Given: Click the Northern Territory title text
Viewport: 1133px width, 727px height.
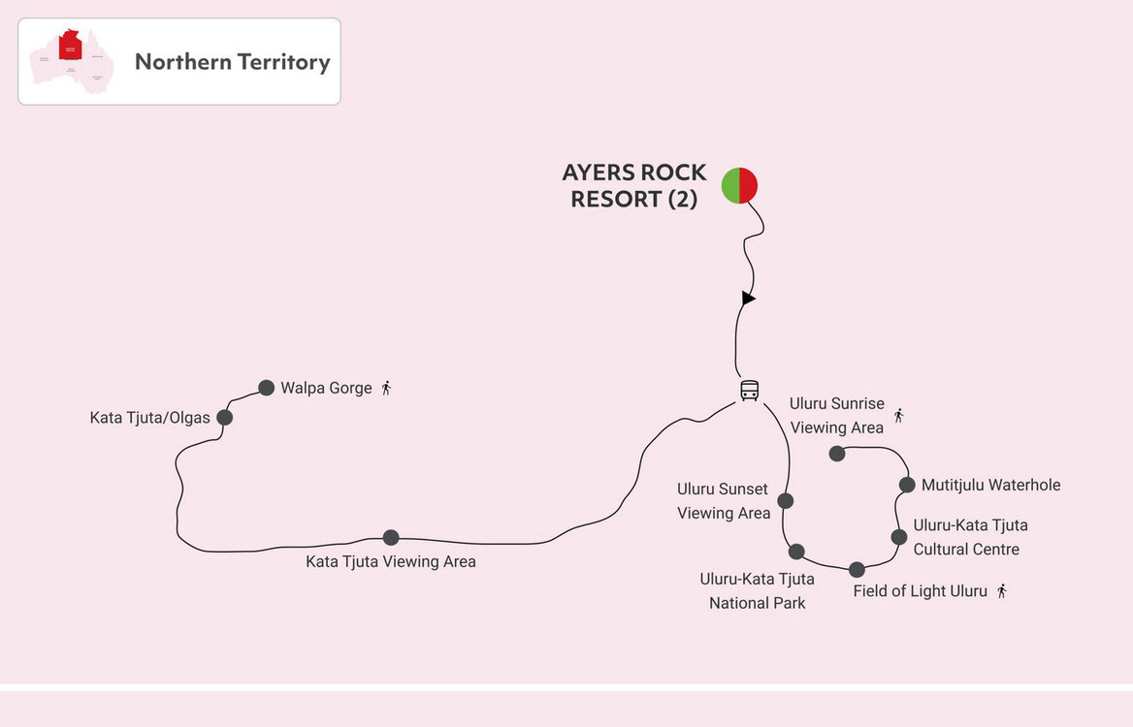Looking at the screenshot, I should pos(233,62).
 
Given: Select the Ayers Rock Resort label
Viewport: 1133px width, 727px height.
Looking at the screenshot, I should pos(634,186).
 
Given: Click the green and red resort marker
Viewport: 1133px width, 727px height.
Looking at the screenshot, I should pos(739,185).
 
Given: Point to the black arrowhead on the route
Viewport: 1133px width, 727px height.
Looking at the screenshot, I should pos(747,299).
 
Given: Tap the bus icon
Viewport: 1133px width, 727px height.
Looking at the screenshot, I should pos(750,391).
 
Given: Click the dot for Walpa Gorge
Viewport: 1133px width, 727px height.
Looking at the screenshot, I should pos(267,388).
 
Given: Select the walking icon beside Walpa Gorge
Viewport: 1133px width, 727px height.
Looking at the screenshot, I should pos(386,388).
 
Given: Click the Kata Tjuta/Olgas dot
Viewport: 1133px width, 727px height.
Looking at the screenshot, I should pos(225,418).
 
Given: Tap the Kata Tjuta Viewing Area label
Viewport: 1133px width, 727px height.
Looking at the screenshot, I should pos(391,561).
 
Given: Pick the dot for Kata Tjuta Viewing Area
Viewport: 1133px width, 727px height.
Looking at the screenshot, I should pos(391,537).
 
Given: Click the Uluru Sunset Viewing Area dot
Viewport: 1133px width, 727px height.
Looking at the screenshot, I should pos(786,501).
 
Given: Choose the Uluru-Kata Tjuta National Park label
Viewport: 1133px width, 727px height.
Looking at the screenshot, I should pos(757,590).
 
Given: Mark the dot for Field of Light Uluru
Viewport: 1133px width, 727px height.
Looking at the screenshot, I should pos(857,570).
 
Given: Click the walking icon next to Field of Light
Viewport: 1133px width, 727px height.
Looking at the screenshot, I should pos(1002,590).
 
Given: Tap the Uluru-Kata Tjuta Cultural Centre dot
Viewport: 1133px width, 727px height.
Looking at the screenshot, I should pos(899,537).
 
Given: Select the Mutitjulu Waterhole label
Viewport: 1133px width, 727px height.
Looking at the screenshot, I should pos(991,485).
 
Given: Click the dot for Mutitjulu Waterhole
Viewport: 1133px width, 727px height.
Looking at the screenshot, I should pos(907,485).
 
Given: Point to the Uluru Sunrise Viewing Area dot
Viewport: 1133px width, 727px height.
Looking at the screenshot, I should pos(837,453).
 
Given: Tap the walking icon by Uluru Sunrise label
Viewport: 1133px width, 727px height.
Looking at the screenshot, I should pos(898,416).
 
